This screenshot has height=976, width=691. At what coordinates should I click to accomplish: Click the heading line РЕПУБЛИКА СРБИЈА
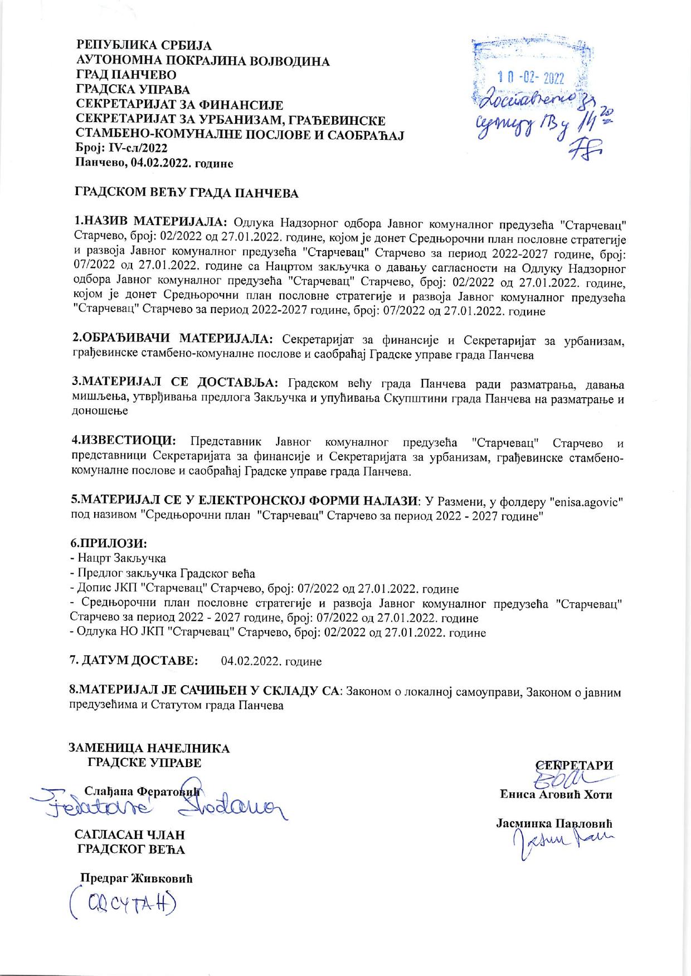pyautogui.click(x=144, y=46)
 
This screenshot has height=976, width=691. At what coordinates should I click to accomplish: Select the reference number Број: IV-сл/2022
pyautogui.click(x=121, y=148)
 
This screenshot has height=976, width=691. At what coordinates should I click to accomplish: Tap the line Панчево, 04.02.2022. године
pyautogui.click(x=154, y=163)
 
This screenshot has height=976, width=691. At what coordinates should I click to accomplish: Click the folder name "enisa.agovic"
pyautogui.click(x=586, y=501)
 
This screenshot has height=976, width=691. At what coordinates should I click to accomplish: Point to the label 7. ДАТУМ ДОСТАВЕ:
pyautogui.click(x=134, y=661)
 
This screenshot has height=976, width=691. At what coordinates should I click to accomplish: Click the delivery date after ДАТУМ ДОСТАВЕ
pyautogui.click(x=271, y=661)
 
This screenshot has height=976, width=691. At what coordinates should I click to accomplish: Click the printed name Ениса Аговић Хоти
pyautogui.click(x=556, y=794)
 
